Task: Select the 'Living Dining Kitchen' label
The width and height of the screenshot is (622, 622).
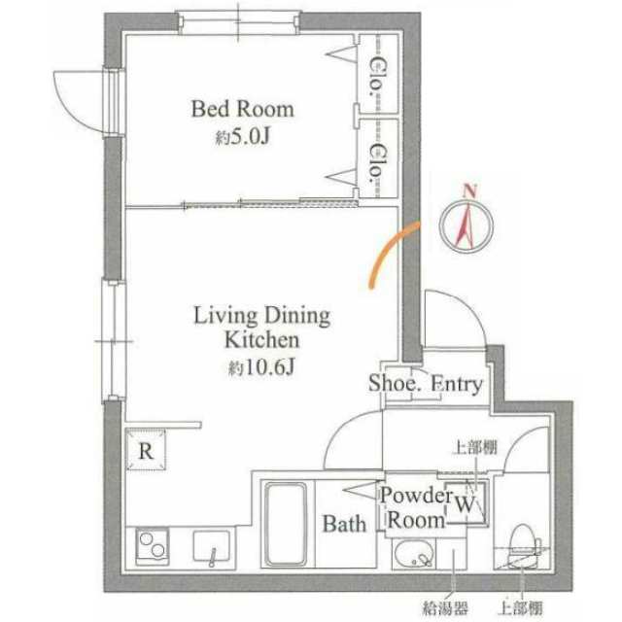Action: point(261,328)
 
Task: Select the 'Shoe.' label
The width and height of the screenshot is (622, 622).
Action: point(394,384)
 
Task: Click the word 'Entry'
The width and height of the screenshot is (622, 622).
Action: point(456,384)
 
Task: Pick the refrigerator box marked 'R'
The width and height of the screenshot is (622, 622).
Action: point(146,451)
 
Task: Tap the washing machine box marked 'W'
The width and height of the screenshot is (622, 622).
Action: point(465,504)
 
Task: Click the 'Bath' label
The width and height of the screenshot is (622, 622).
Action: point(344,525)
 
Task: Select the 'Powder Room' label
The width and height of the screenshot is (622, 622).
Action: point(416,506)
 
